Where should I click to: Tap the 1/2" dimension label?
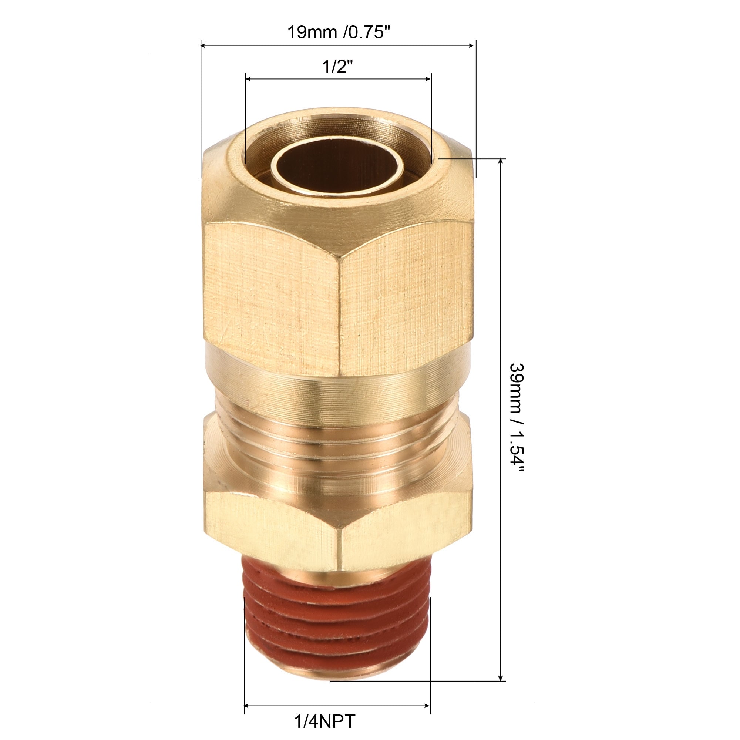[337, 67]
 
